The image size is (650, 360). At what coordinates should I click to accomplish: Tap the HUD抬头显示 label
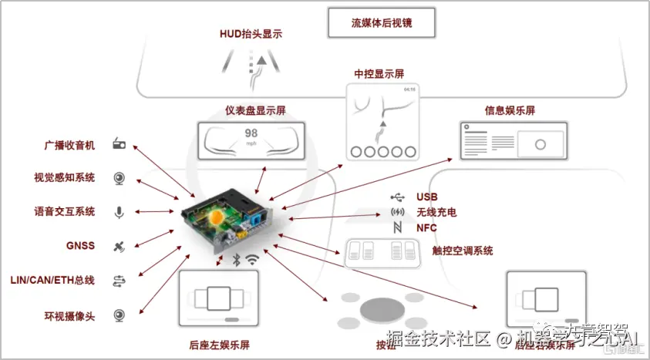coord(251,33)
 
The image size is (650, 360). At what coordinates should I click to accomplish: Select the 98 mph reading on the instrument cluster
coord(251,135)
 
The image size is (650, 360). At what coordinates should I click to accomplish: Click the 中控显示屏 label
coord(379,74)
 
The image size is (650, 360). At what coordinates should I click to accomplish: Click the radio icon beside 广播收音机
coord(120,145)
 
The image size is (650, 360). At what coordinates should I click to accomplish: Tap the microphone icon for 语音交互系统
coord(120,212)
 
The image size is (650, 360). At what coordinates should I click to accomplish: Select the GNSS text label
coord(80,246)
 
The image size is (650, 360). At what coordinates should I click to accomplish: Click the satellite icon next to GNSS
coord(120,247)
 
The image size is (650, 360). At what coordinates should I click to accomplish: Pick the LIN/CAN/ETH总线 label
coord(52,280)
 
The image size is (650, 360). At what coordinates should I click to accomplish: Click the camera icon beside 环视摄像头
coord(120,315)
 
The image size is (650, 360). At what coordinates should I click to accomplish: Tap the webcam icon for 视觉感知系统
coord(120,178)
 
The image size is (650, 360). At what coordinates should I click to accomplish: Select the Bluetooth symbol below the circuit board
coord(237,261)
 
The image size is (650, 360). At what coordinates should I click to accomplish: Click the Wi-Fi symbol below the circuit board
coord(252,261)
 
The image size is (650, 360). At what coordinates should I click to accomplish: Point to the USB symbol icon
coord(396,197)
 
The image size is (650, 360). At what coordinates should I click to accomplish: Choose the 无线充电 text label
coord(436,212)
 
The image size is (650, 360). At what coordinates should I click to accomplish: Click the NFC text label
coord(426,228)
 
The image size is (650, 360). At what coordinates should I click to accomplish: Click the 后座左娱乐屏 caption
coord(220,345)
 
